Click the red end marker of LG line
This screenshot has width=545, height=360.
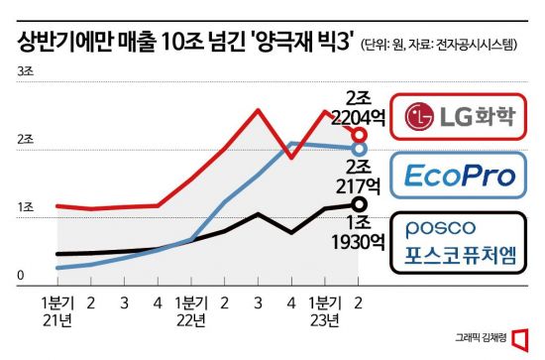pos(360,134)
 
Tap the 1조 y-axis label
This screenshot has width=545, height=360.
pos(24,208)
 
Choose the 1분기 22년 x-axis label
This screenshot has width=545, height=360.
pos(191,308)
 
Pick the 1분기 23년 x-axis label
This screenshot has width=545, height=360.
pos(325,308)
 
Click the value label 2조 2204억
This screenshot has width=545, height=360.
pos(362,107)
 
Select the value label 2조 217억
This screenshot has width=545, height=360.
pos(362,175)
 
